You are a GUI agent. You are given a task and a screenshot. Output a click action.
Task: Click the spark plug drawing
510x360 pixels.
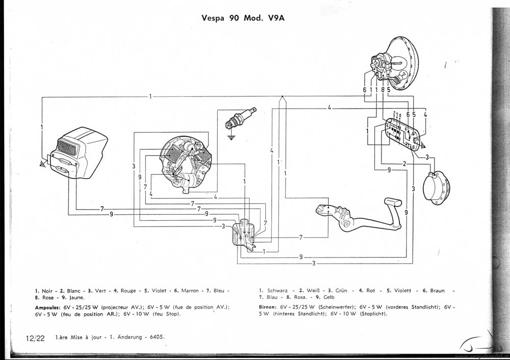click(240, 119)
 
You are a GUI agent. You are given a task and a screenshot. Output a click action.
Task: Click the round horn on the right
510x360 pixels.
click(439, 187)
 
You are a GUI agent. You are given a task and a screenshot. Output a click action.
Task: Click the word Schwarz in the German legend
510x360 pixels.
click(277, 291)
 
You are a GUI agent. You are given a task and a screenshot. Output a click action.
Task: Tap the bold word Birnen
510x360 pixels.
click(267, 307)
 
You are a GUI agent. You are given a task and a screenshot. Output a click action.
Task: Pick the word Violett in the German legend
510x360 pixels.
click(401, 291)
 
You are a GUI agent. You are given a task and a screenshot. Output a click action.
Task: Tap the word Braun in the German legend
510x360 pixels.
click(437, 291)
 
